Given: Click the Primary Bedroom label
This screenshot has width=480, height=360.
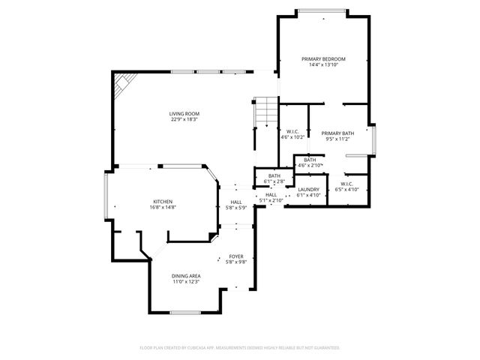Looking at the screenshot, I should click(x=323, y=58).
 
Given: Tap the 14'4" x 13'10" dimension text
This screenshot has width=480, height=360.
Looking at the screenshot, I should click(x=323, y=65).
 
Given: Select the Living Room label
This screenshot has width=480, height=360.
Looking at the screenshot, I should click(x=184, y=113).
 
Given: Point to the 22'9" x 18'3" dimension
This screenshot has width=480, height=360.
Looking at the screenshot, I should click(x=184, y=120).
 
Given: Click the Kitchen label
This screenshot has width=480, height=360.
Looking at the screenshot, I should click(x=163, y=201).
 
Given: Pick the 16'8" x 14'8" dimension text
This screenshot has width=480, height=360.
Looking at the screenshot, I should click(x=163, y=208).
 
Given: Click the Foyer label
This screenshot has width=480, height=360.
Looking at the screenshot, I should click(x=236, y=256).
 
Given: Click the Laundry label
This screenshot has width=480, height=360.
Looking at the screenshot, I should click(x=308, y=189).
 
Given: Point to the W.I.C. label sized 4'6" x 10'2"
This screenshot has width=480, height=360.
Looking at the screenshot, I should click(x=292, y=132).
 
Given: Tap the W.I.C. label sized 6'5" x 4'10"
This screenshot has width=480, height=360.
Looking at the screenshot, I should click(x=346, y=184).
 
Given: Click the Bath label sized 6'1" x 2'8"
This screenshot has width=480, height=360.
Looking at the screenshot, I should click(x=274, y=175).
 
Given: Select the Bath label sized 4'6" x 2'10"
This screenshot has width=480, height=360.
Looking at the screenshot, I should click(x=310, y=159).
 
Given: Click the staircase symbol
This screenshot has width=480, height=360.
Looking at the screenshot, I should click(x=264, y=112).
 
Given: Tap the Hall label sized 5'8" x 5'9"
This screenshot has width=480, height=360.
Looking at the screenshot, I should click(x=236, y=201).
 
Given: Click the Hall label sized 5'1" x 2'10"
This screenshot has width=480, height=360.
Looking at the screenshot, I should click(x=271, y=194).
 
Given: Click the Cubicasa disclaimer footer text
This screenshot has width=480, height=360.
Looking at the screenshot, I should click(x=240, y=347).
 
